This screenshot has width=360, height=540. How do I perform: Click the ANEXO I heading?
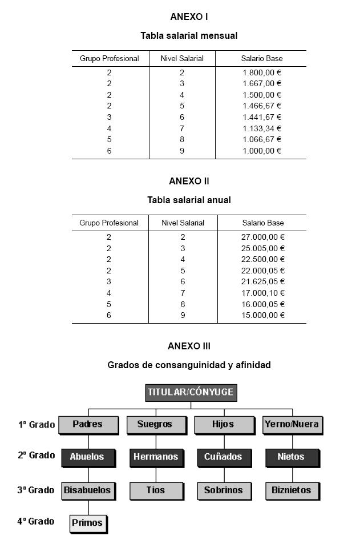189,17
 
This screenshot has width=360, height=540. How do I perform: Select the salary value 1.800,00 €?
262,72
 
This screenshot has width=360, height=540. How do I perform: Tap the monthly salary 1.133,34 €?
262,128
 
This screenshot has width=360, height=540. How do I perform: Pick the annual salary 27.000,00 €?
263,237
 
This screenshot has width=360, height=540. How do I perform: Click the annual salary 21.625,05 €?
263,281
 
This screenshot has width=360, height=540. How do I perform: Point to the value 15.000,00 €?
263,315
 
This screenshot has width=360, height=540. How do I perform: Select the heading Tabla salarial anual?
189,200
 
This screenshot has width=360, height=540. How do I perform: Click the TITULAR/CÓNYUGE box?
190,392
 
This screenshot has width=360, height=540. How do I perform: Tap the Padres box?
88,425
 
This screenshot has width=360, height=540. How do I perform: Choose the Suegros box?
155,425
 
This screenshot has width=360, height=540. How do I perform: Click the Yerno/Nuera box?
292,425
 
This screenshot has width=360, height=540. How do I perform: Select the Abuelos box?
87,457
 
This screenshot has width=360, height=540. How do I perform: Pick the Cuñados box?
223,457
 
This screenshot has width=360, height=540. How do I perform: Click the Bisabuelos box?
87,490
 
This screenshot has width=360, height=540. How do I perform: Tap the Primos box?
87,522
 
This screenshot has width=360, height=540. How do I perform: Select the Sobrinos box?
223,490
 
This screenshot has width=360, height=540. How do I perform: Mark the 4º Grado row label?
36,521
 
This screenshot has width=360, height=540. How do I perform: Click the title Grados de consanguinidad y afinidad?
189,365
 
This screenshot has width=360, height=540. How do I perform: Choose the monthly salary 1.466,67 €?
262,106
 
